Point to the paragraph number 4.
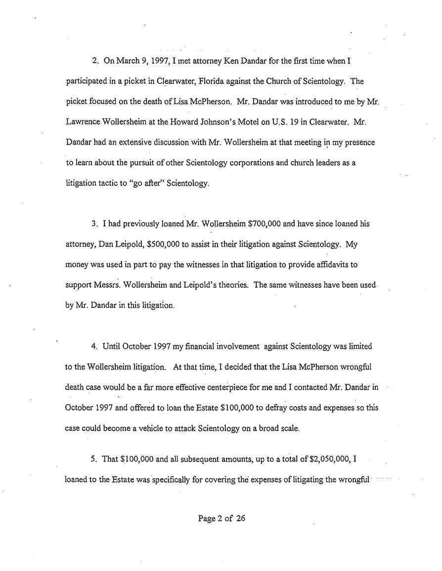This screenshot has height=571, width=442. pyautogui.click(x=94, y=346)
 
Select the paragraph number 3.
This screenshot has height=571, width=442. pyautogui.click(x=94, y=223)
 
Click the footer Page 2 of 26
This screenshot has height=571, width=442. pyautogui.click(x=221, y=518)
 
